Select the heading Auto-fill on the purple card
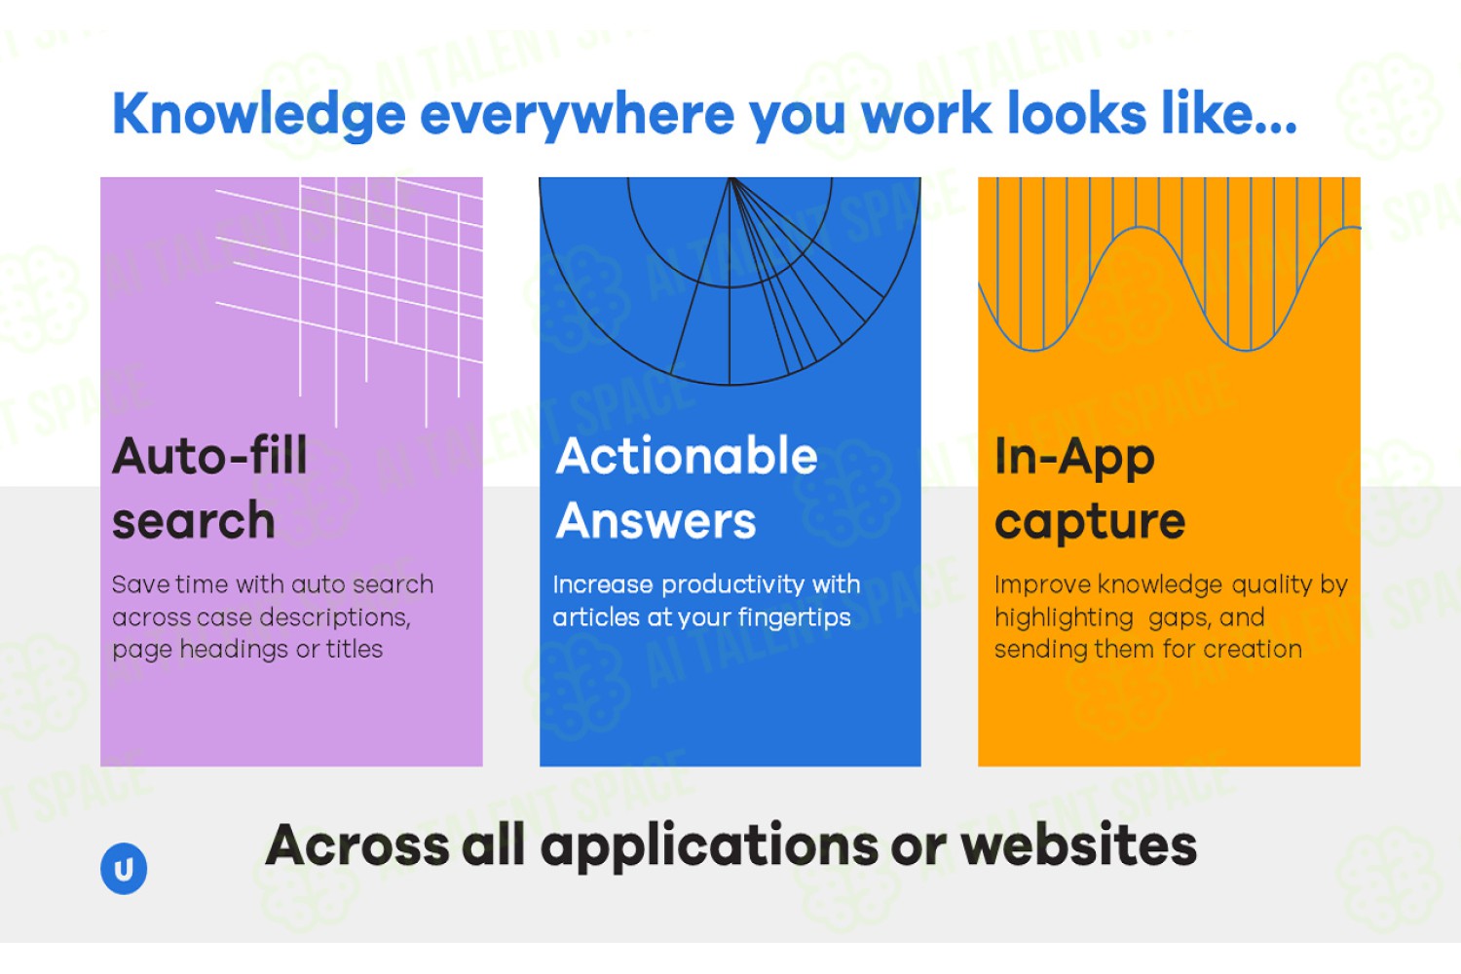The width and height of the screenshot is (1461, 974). (x=209, y=456)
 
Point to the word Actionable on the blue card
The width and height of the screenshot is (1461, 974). (x=686, y=456)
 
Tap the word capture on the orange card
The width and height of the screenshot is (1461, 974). (x=1090, y=523)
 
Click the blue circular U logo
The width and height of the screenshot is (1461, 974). (x=124, y=868)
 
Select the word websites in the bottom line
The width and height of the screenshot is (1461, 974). (x=1079, y=845)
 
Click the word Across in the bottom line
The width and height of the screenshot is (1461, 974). (x=357, y=845)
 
